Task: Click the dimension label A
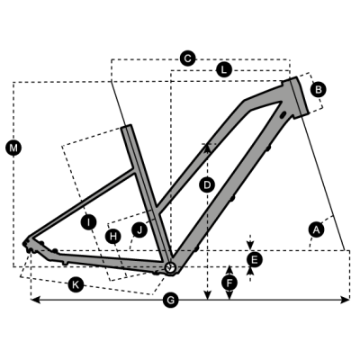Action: tap(317, 229)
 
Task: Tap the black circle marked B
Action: tap(319, 89)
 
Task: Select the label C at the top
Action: tap(187, 58)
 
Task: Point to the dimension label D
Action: tap(207, 184)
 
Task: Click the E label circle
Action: tap(254, 259)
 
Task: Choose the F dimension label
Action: tap(229, 283)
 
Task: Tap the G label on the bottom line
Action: tap(171, 300)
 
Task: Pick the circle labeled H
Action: tap(113, 237)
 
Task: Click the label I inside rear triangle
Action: tap(88, 222)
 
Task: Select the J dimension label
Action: tap(139, 230)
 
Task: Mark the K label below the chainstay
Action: tap(76, 283)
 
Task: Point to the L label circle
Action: tap(223, 70)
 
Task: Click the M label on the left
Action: tap(13, 148)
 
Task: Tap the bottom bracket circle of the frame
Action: tap(170, 267)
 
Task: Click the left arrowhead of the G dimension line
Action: tap(35, 300)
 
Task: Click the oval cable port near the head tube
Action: tap(283, 115)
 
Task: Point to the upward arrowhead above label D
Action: tap(207, 148)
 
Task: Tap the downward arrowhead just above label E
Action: tap(251, 245)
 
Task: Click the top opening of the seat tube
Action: tap(127, 126)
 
